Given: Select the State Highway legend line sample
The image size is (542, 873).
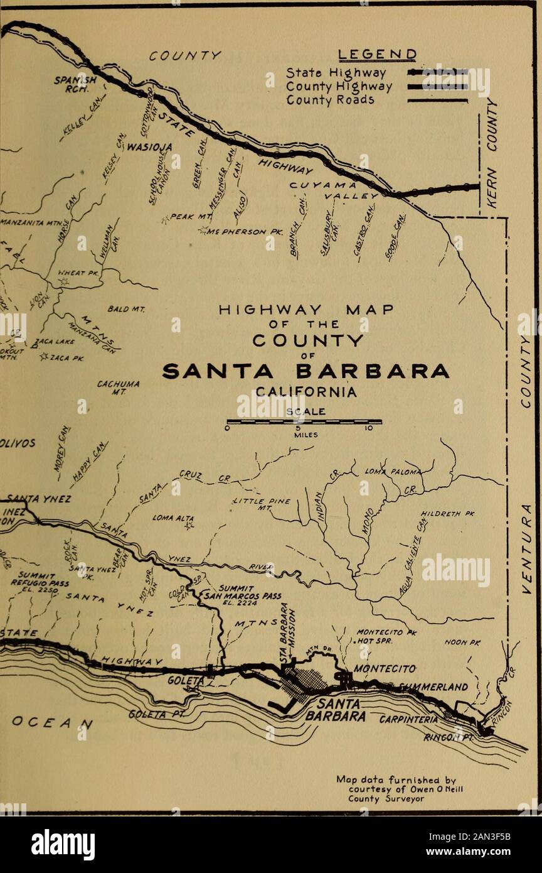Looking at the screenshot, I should click(437, 72).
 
